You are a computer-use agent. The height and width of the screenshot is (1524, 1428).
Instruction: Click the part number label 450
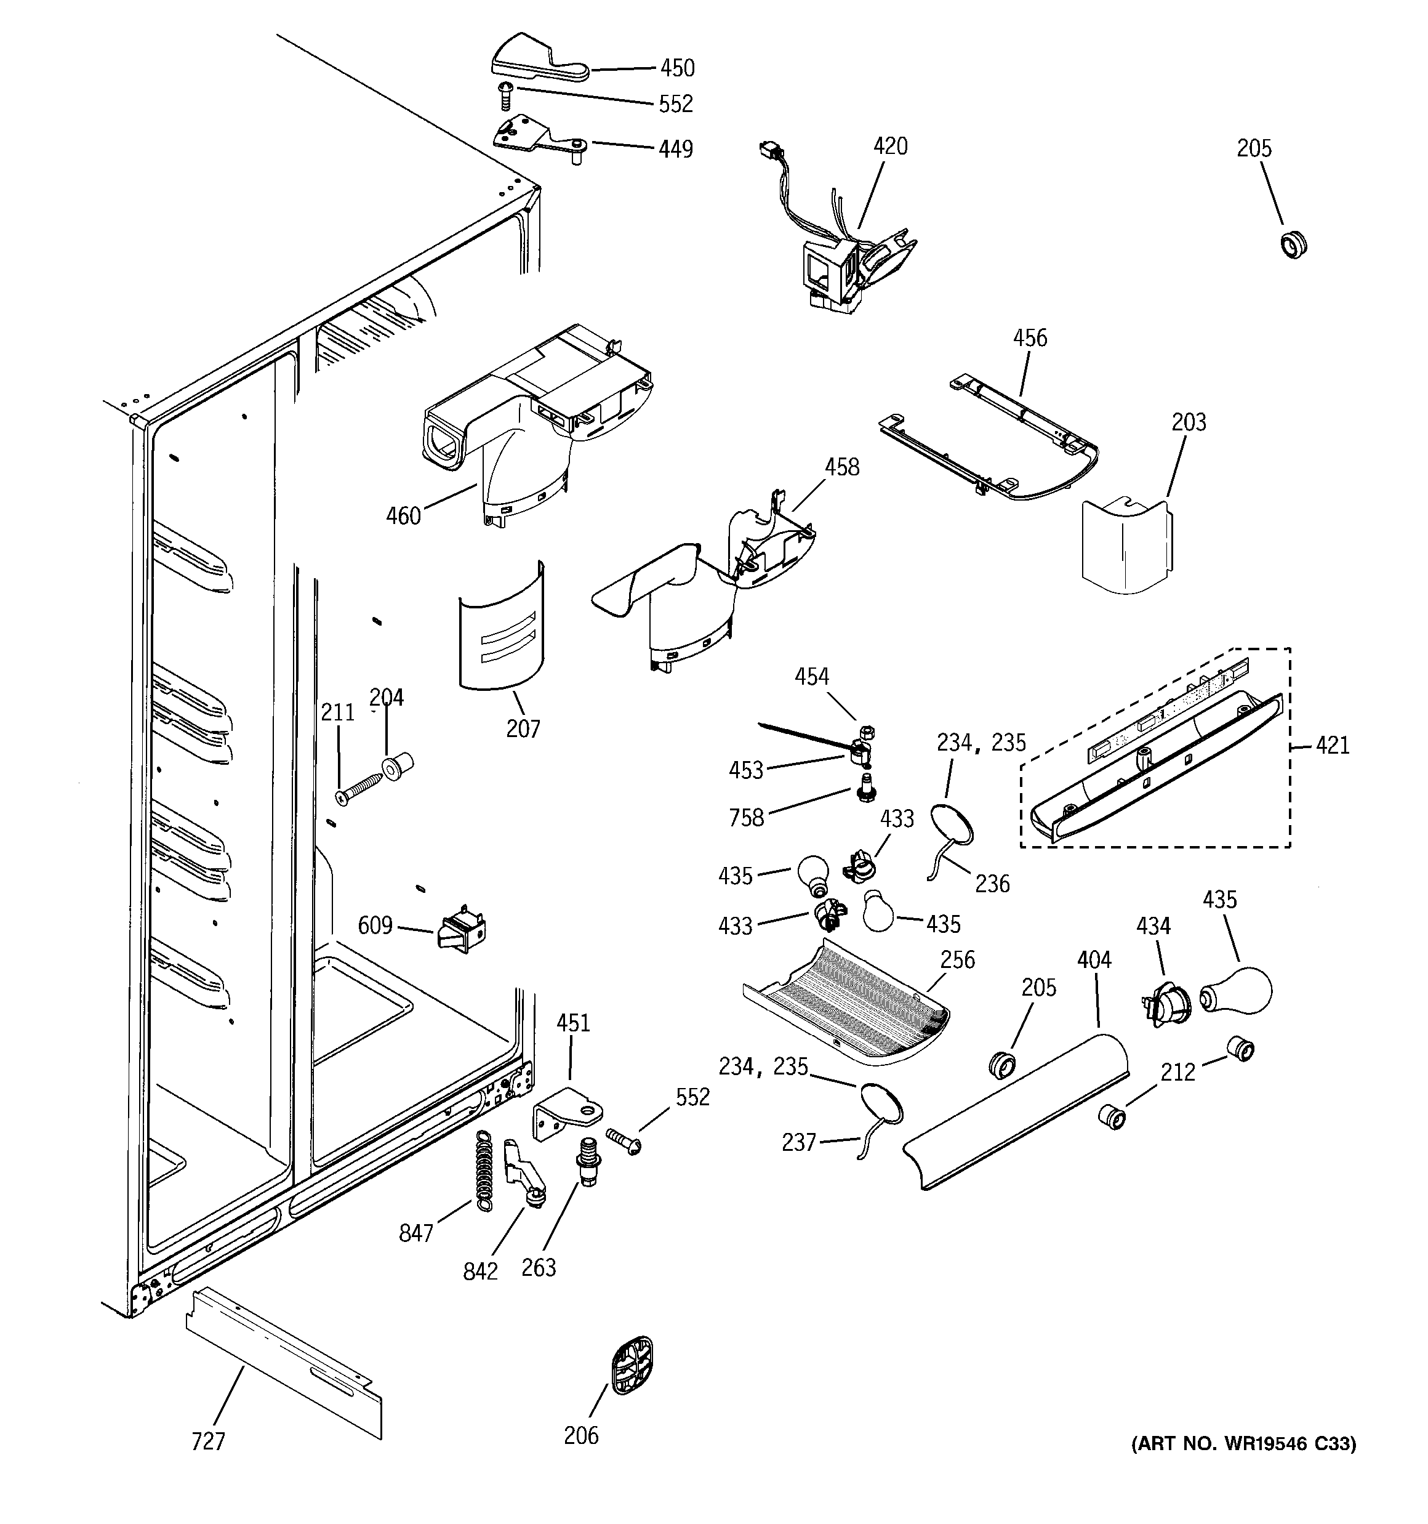point(677,68)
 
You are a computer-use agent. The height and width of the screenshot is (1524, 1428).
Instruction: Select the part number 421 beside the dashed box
point(1332,745)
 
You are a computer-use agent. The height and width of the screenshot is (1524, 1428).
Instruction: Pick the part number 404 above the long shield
point(1094,960)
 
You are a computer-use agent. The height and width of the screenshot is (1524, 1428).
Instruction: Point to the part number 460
point(403,516)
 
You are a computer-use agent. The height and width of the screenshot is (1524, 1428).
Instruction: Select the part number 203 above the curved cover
point(1188,422)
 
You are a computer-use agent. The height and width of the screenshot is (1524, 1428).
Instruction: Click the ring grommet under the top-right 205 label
point(1294,244)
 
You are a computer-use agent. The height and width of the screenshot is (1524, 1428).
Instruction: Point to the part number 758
point(747,817)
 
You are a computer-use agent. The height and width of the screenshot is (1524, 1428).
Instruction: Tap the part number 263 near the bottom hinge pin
point(538,1267)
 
